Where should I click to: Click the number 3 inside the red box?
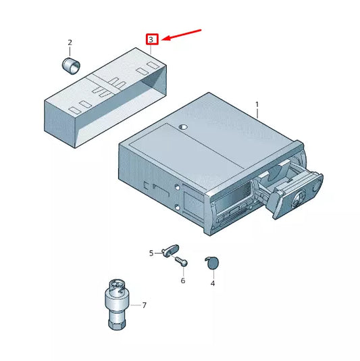point(152,40)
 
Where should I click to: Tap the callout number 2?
point(70,43)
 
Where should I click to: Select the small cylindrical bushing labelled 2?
point(70,66)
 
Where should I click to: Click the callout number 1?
point(257,105)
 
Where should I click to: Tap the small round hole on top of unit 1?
point(182,127)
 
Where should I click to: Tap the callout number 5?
point(151,254)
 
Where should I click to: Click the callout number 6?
point(182,281)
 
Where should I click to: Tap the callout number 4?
point(212,283)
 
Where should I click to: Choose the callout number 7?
point(143,306)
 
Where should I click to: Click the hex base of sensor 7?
point(115,322)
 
